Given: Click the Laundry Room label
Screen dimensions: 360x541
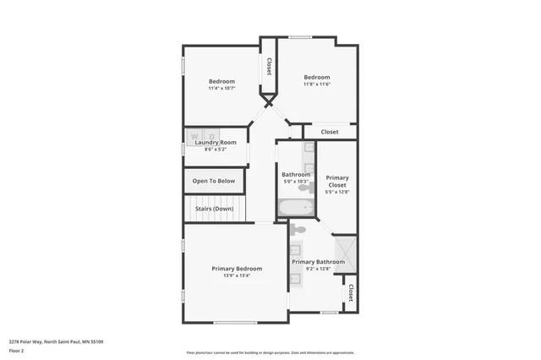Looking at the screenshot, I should pos(216,143).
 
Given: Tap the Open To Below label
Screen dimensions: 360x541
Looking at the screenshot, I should pos(214,181).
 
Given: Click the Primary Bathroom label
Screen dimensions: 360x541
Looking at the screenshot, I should pos(319,262).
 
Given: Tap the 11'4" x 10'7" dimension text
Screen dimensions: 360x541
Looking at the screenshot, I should pos(221,88).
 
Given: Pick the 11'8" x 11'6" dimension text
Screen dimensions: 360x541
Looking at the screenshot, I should pos(317,84).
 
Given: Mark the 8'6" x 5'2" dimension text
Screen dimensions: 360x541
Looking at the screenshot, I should pos(216,150).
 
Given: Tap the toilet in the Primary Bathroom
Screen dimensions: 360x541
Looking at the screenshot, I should pos(299,229).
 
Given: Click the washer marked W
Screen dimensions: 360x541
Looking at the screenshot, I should pos(195,135).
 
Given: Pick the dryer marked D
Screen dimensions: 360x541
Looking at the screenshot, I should pos(212,135).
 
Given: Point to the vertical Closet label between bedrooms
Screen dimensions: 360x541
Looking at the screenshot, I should pos(269,66).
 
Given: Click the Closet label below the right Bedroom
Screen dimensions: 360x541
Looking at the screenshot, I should pos(330,132).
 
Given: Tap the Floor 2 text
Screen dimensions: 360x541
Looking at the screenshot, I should pos(17,350).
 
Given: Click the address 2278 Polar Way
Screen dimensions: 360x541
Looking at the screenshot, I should pos(56,341).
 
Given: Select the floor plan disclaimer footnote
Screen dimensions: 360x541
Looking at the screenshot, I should pos(270,353).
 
